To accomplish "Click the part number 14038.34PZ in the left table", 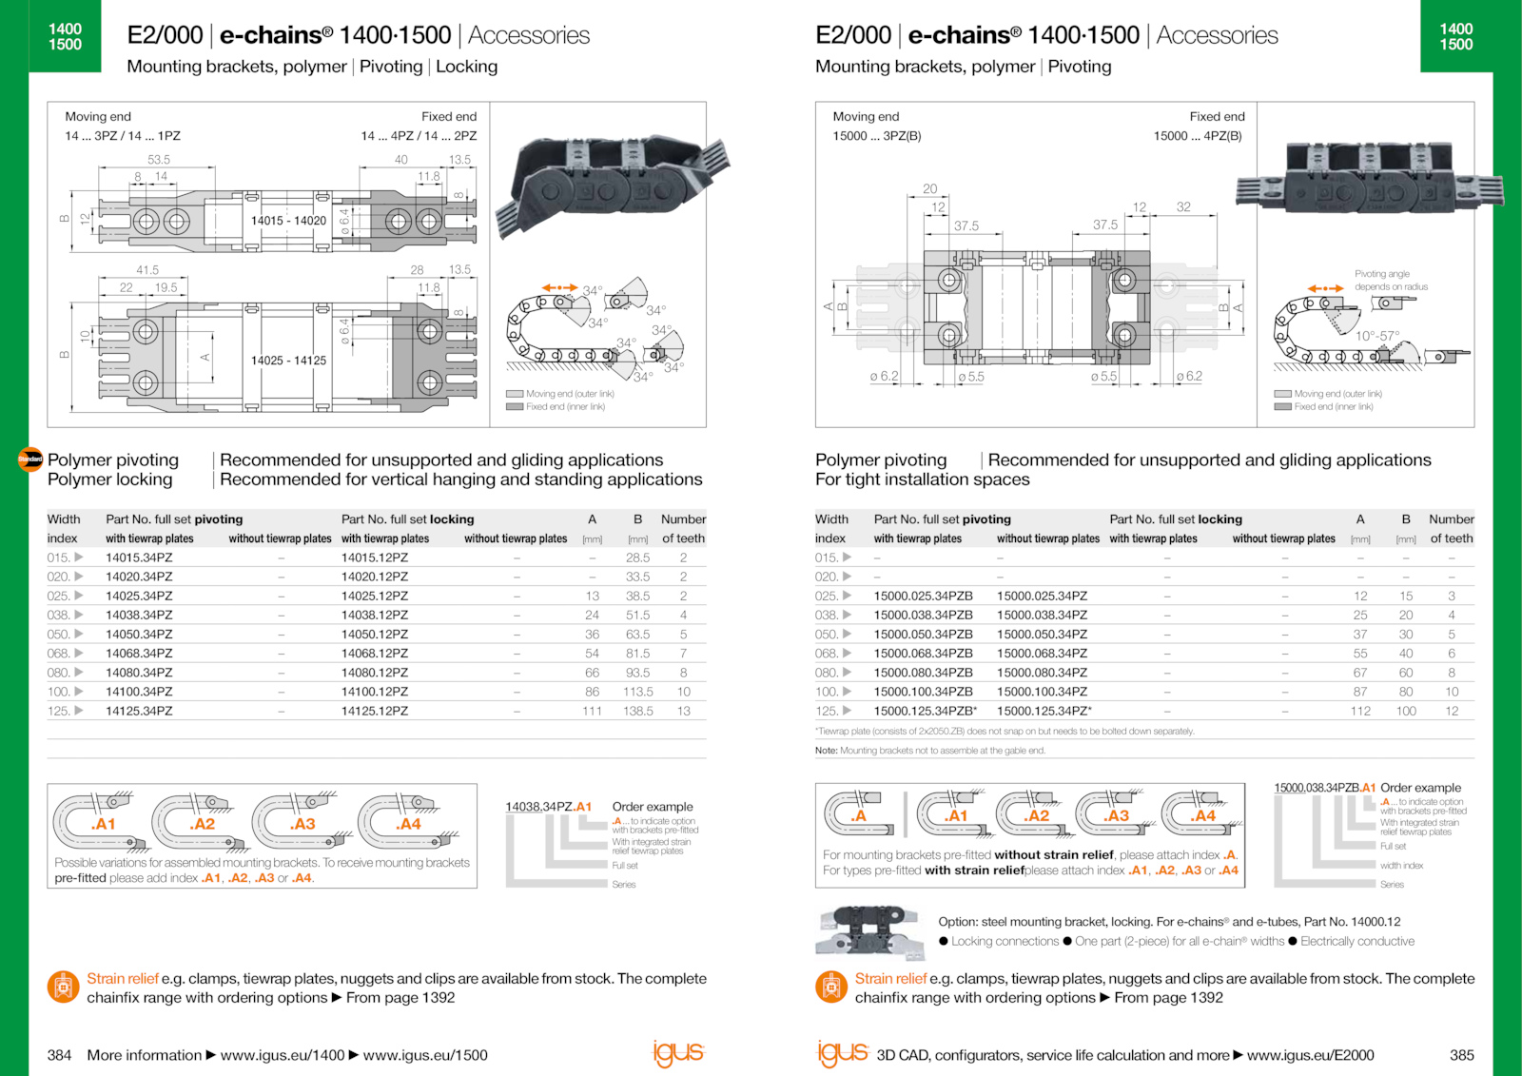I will click(x=139, y=616).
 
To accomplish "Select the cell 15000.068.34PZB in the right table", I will click(x=923, y=654).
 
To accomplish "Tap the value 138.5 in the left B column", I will click(x=637, y=711).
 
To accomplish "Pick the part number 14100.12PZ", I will click(x=374, y=692).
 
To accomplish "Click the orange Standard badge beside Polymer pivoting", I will click(x=30, y=460).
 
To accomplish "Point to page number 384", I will click(x=59, y=1055).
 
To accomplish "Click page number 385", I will click(x=1461, y=1055).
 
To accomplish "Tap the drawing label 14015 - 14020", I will click(x=288, y=221).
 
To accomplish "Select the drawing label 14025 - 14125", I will click(x=288, y=361).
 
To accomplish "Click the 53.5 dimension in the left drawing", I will click(x=159, y=160).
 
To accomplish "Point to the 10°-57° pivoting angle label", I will click(x=1377, y=336).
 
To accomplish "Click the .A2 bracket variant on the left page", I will click(x=202, y=824).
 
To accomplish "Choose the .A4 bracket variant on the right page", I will click(x=1203, y=815).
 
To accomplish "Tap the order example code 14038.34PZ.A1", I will click(x=548, y=807).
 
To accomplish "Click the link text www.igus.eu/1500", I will click(x=425, y=1055).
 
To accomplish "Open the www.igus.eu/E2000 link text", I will click(x=1310, y=1055).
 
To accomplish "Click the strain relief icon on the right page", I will click(x=830, y=987).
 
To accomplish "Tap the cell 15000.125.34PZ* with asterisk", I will click(x=1044, y=711).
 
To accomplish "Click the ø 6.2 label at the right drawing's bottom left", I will click(x=884, y=377).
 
